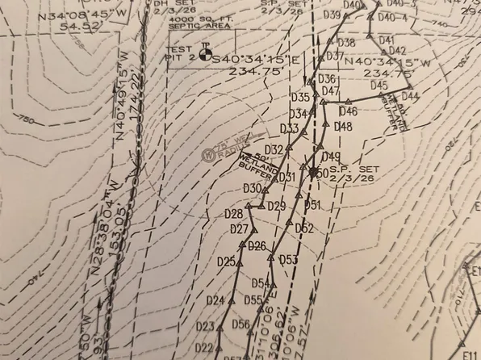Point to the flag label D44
click(x=410, y=96)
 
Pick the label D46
click(x=348, y=111)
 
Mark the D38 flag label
click(x=345, y=43)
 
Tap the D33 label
click(x=289, y=129)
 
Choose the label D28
click(x=233, y=214)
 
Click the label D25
click(x=226, y=262)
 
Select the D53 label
click(x=288, y=259)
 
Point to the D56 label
click(x=240, y=324)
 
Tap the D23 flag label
click(x=205, y=327)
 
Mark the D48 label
click(x=343, y=128)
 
